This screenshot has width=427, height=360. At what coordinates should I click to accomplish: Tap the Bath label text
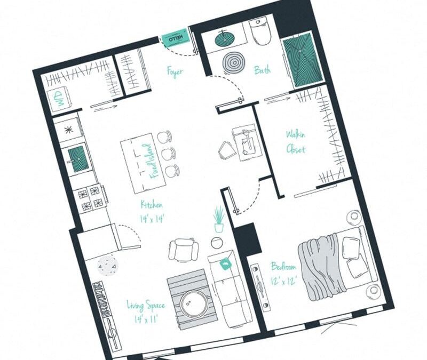262,70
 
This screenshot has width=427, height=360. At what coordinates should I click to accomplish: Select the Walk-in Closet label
295,142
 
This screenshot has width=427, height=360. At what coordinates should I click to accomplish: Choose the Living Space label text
145,312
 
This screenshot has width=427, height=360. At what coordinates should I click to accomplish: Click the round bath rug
233,63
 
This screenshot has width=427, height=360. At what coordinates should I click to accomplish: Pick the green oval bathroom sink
227,38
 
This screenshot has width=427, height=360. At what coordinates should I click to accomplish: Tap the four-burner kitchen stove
90,198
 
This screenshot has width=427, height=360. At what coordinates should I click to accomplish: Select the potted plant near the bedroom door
218,219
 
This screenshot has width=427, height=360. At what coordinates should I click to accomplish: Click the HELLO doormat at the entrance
176,38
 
